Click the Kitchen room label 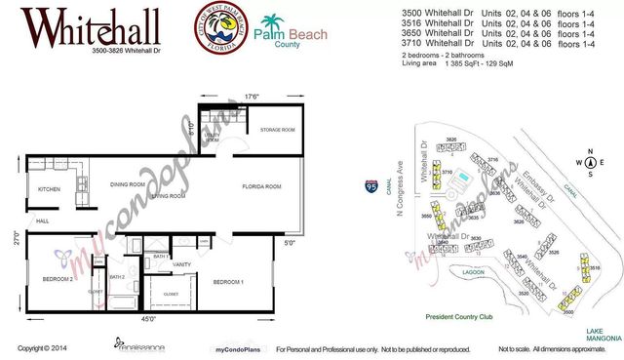point(50,189)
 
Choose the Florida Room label point(262,185)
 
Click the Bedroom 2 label point(58,278)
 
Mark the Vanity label point(180,264)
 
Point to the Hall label point(43,221)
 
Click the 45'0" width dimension point(148,317)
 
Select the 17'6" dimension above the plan point(251,96)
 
